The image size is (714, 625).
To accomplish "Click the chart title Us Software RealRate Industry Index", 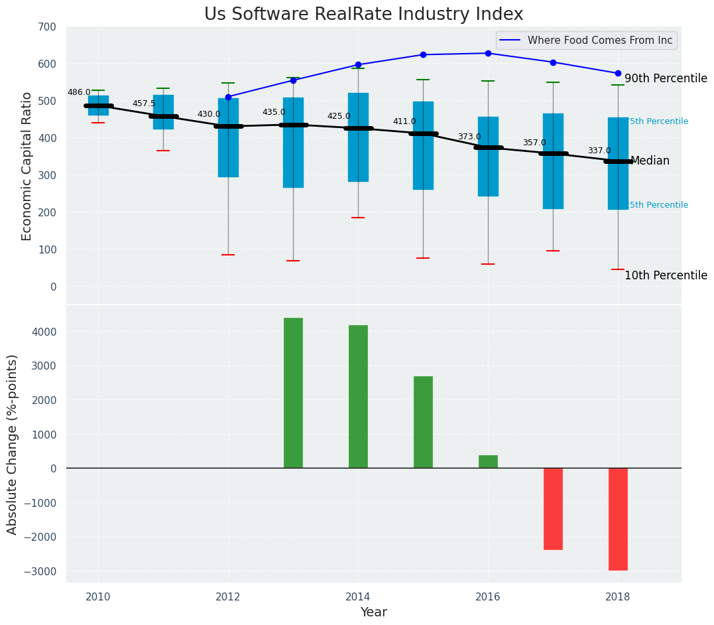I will (x=363, y=14).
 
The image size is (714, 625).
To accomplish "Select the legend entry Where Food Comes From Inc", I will (x=599, y=40).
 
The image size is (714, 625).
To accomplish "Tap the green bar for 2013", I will (x=293, y=393).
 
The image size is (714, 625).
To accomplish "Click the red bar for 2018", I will (x=618, y=519).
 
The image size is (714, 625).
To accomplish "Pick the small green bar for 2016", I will (x=488, y=462).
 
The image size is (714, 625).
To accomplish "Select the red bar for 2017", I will (x=553, y=509).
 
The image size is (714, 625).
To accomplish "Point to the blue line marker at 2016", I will (x=488, y=53).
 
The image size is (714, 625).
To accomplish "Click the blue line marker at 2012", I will (x=228, y=97).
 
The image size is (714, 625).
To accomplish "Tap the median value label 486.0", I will (x=79, y=92).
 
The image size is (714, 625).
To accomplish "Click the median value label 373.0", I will (x=469, y=137).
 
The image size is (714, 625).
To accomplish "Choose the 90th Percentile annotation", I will (x=666, y=78).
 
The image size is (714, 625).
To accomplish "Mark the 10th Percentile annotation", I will (x=666, y=275).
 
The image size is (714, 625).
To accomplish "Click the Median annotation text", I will (x=650, y=161).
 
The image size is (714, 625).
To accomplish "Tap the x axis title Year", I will (x=373, y=612).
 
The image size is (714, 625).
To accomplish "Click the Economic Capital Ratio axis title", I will (x=27, y=166).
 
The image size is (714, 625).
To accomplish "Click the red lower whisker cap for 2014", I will (x=358, y=218).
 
